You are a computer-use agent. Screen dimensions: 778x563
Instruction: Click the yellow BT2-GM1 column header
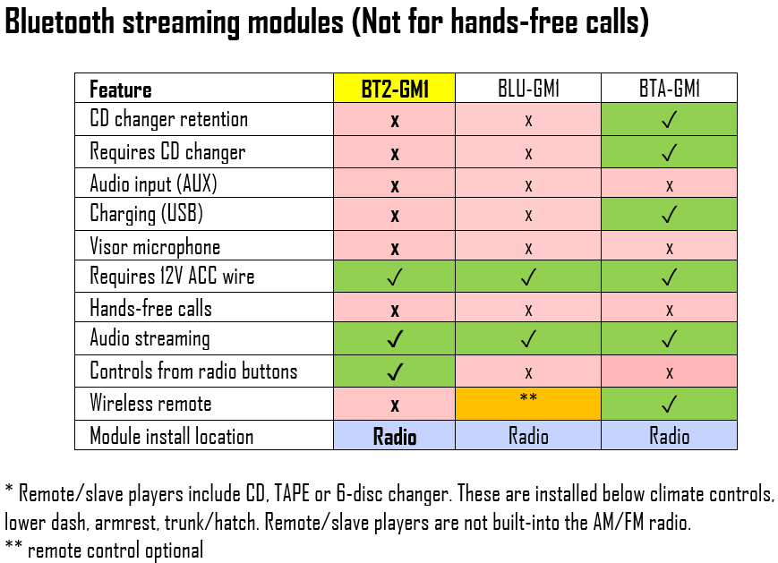pyautogui.click(x=395, y=89)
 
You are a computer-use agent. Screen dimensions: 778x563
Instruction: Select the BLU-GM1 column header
pyautogui.click(x=528, y=89)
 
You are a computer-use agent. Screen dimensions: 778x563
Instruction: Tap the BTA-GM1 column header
pyautogui.click(x=670, y=89)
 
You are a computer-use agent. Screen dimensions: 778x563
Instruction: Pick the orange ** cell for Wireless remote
pyautogui.click(x=528, y=404)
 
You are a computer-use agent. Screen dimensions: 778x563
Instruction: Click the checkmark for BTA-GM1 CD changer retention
pyautogui.click(x=670, y=120)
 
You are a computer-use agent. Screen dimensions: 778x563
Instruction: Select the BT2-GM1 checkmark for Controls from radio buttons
pyautogui.click(x=395, y=371)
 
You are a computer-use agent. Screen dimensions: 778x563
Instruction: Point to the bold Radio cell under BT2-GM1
pyautogui.click(x=395, y=437)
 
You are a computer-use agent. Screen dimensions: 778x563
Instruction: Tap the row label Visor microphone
pyautogui.click(x=155, y=246)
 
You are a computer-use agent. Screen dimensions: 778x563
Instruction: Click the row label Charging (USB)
pyautogui.click(x=146, y=214)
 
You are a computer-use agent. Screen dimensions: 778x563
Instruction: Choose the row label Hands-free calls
pyautogui.click(x=150, y=308)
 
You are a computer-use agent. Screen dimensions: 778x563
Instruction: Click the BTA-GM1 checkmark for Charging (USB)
pyautogui.click(x=670, y=214)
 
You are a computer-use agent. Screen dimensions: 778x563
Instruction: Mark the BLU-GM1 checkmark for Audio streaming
pyautogui.click(x=528, y=339)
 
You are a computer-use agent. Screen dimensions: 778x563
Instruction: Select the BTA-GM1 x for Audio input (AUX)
pyautogui.click(x=670, y=186)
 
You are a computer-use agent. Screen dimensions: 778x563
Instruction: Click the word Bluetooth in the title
pyautogui.click(x=60, y=21)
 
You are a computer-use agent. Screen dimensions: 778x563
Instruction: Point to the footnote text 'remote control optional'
pyautogui.click(x=115, y=550)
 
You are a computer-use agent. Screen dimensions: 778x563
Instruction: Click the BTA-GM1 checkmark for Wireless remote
pyautogui.click(x=670, y=405)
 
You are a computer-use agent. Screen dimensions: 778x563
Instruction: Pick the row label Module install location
pyautogui.click(x=172, y=437)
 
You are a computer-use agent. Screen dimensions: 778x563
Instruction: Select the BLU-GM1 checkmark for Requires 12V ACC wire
pyautogui.click(x=528, y=277)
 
